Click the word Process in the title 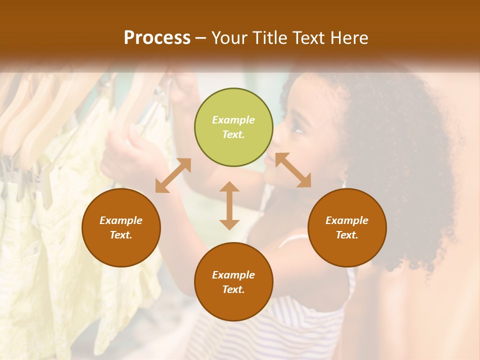click(157, 38)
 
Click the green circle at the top click(233, 127)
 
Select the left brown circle click(121, 227)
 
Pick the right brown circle click(347, 227)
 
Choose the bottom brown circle click(233, 281)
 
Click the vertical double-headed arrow click(229, 205)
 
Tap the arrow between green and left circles click(173, 175)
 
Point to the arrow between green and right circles click(293, 170)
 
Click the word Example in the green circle click(233, 120)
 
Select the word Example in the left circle click(121, 220)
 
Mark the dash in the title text click(201, 38)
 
